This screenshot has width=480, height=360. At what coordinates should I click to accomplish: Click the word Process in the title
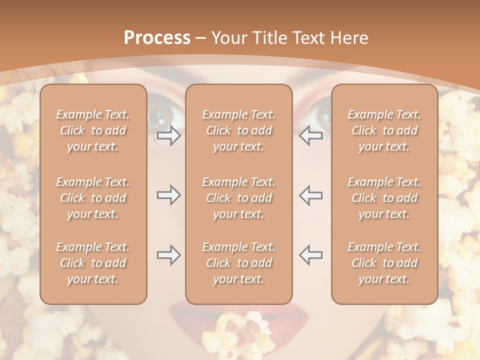click(157, 38)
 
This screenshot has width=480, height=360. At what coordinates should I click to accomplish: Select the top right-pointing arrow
click(168, 135)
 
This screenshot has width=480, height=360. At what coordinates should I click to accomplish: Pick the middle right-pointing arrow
click(168, 195)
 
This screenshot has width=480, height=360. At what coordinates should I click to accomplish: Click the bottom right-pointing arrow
click(168, 255)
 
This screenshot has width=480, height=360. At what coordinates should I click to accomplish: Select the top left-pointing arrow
click(311, 135)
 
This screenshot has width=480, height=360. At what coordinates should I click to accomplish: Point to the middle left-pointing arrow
click(311, 195)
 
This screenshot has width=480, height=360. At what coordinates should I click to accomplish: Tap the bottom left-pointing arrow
click(311, 255)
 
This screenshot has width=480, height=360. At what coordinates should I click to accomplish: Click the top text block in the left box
click(93, 130)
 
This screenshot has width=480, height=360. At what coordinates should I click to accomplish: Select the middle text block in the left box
click(93, 198)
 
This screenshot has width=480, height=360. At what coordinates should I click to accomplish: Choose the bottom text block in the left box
click(93, 263)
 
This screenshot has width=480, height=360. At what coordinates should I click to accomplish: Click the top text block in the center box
click(238, 130)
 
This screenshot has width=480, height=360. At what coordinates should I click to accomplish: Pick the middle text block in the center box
click(238, 198)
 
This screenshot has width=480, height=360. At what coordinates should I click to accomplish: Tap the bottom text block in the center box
click(238, 263)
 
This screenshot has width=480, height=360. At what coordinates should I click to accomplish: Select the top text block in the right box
click(384, 130)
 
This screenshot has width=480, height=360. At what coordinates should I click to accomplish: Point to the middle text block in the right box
click(384, 198)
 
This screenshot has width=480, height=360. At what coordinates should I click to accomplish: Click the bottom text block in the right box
click(384, 263)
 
